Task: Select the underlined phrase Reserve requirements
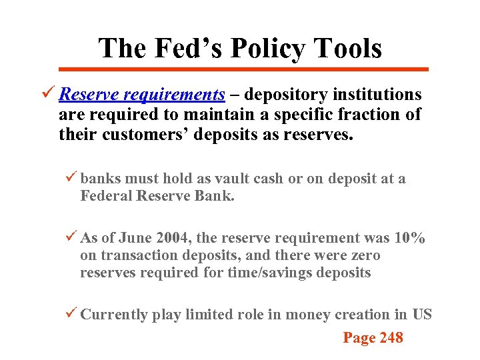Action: pyautogui.click(x=141, y=95)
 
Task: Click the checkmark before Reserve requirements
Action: pyautogui.click(x=49, y=95)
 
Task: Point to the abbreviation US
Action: pyautogui.click(x=422, y=315)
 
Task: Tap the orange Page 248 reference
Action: pyautogui.click(x=373, y=338)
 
